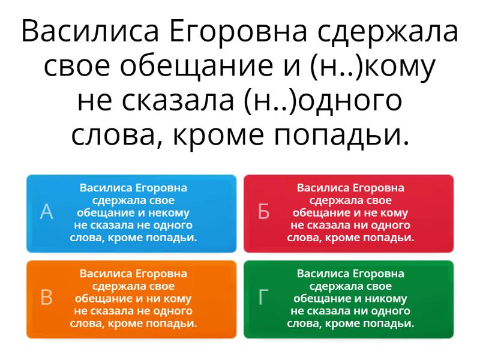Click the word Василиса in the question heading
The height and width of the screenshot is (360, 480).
click(x=90, y=31)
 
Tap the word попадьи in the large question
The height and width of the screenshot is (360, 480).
click(x=341, y=136)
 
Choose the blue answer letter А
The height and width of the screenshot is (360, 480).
click(x=47, y=212)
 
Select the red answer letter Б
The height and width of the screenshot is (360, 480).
click(x=263, y=212)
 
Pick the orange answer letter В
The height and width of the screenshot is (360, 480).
click(x=47, y=297)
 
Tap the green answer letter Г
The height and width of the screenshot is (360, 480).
click(x=263, y=297)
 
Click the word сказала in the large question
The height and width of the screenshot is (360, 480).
click(x=178, y=101)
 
